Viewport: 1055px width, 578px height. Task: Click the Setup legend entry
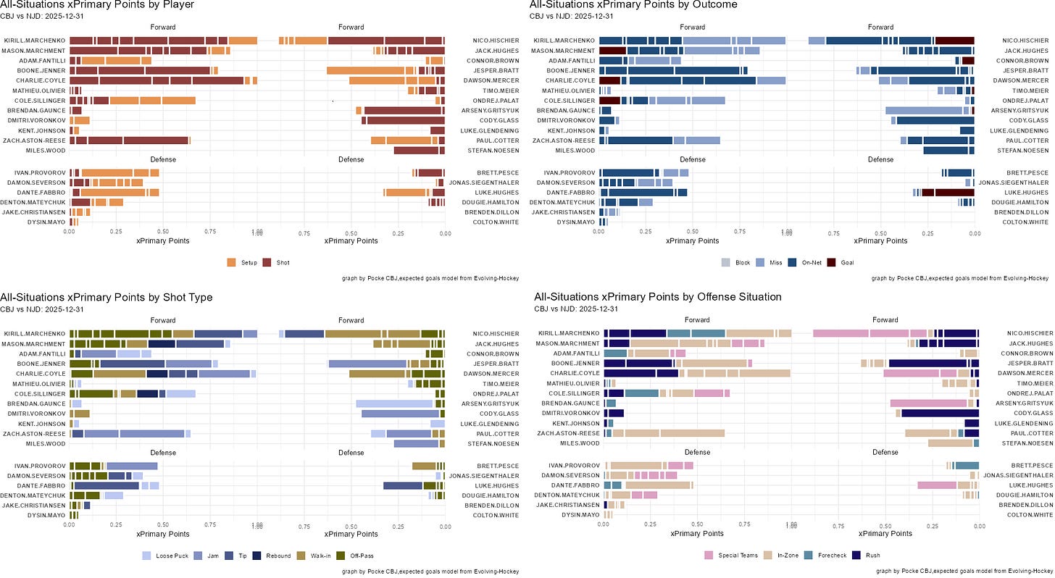(243, 262)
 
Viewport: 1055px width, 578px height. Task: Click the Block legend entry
(737, 262)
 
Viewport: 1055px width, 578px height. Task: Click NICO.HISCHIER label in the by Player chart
(493, 41)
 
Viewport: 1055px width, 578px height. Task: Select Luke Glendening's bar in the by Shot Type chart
(438, 423)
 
